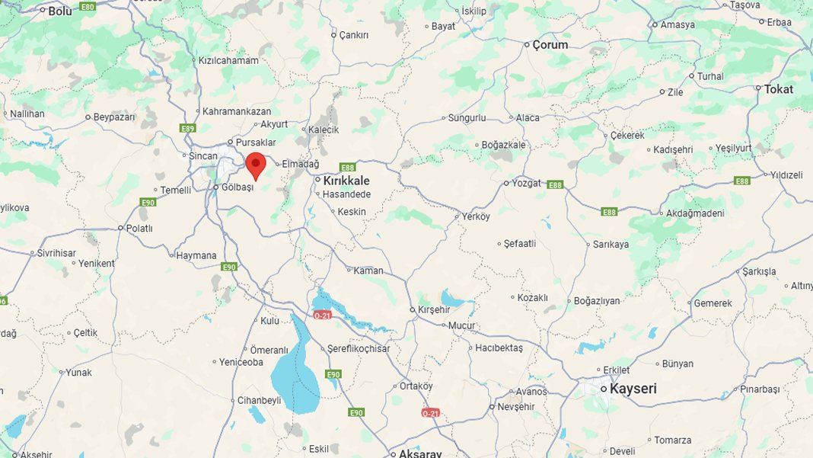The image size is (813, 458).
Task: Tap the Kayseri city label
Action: (633, 389)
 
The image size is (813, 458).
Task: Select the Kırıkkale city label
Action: (346, 181)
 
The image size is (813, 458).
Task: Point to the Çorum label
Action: (550, 45)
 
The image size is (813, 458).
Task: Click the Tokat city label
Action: (779, 89)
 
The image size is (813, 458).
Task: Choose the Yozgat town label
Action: (526, 183)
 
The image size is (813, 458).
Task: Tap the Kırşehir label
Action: (434, 310)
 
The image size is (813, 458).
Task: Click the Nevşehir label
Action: (518, 407)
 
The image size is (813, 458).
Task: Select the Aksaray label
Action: (420, 453)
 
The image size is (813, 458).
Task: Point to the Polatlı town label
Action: (139, 228)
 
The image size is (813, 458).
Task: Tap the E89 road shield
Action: (189, 129)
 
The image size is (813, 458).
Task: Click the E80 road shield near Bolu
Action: (88, 7)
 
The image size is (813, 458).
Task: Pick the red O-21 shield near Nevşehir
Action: (430, 413)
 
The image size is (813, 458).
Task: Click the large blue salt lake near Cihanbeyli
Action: (295, 373)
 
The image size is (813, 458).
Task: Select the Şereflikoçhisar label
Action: (359, 348)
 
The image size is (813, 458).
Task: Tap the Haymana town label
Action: (196, 255)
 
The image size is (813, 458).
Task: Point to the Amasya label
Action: (677, 24)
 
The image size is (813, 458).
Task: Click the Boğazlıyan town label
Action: (597, 301)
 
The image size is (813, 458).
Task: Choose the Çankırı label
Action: (354, 35)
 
